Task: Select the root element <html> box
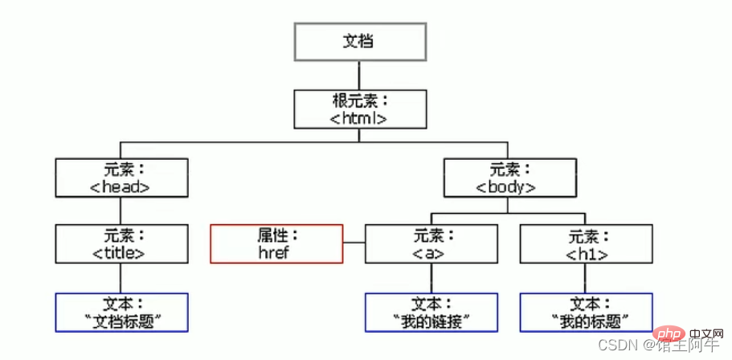click(x=359, y=109)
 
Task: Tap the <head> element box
click(x=122, y=178)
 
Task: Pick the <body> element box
click(x=510, y=178)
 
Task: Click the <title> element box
click(x=122, y=244)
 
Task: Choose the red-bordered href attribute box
click(x=276, y=243)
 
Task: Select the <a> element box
click(x=431, y=244)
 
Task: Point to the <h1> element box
click(x=587, y=244)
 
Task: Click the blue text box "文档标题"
click(x=122, y=313)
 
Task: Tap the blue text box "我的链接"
click(x=431, y=313)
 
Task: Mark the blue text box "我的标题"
click(x=587, y=313)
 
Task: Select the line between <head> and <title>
click(x=121, y=211)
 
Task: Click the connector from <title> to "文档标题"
click(x=121, y=278)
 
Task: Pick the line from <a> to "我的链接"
click(x=431, y=278)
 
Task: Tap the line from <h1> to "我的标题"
click(x=587, y=278)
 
